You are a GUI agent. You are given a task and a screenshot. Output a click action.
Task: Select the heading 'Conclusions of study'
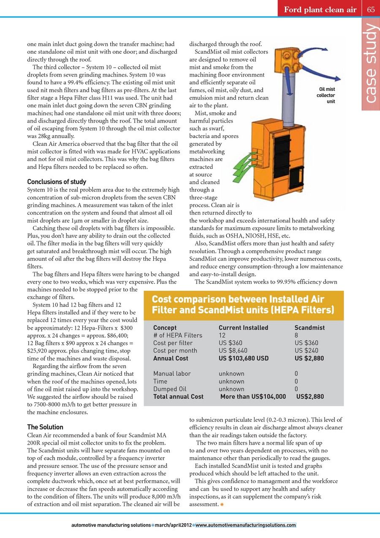pos(57,182)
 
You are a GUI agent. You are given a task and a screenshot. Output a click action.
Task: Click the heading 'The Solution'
pos(45,427)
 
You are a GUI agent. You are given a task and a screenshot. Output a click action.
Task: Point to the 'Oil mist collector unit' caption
pos(326,95)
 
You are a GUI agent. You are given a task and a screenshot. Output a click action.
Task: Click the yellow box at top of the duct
pos(289,59)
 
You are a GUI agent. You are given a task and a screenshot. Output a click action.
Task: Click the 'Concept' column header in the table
pos(165,328)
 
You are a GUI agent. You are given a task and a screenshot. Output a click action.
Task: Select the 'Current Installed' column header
pos(243,328)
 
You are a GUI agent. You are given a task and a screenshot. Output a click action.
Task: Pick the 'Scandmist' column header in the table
pos(309,328)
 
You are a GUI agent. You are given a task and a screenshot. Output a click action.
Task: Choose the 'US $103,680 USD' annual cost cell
pos(244,358)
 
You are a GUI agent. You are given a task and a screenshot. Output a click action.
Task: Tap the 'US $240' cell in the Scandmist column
pos(307,351)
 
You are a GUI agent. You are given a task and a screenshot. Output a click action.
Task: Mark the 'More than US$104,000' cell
pos(253,396)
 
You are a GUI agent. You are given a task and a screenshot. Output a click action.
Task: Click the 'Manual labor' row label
pos(172,374)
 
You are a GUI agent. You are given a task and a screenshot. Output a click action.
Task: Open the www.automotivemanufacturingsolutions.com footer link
pos(246,525)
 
